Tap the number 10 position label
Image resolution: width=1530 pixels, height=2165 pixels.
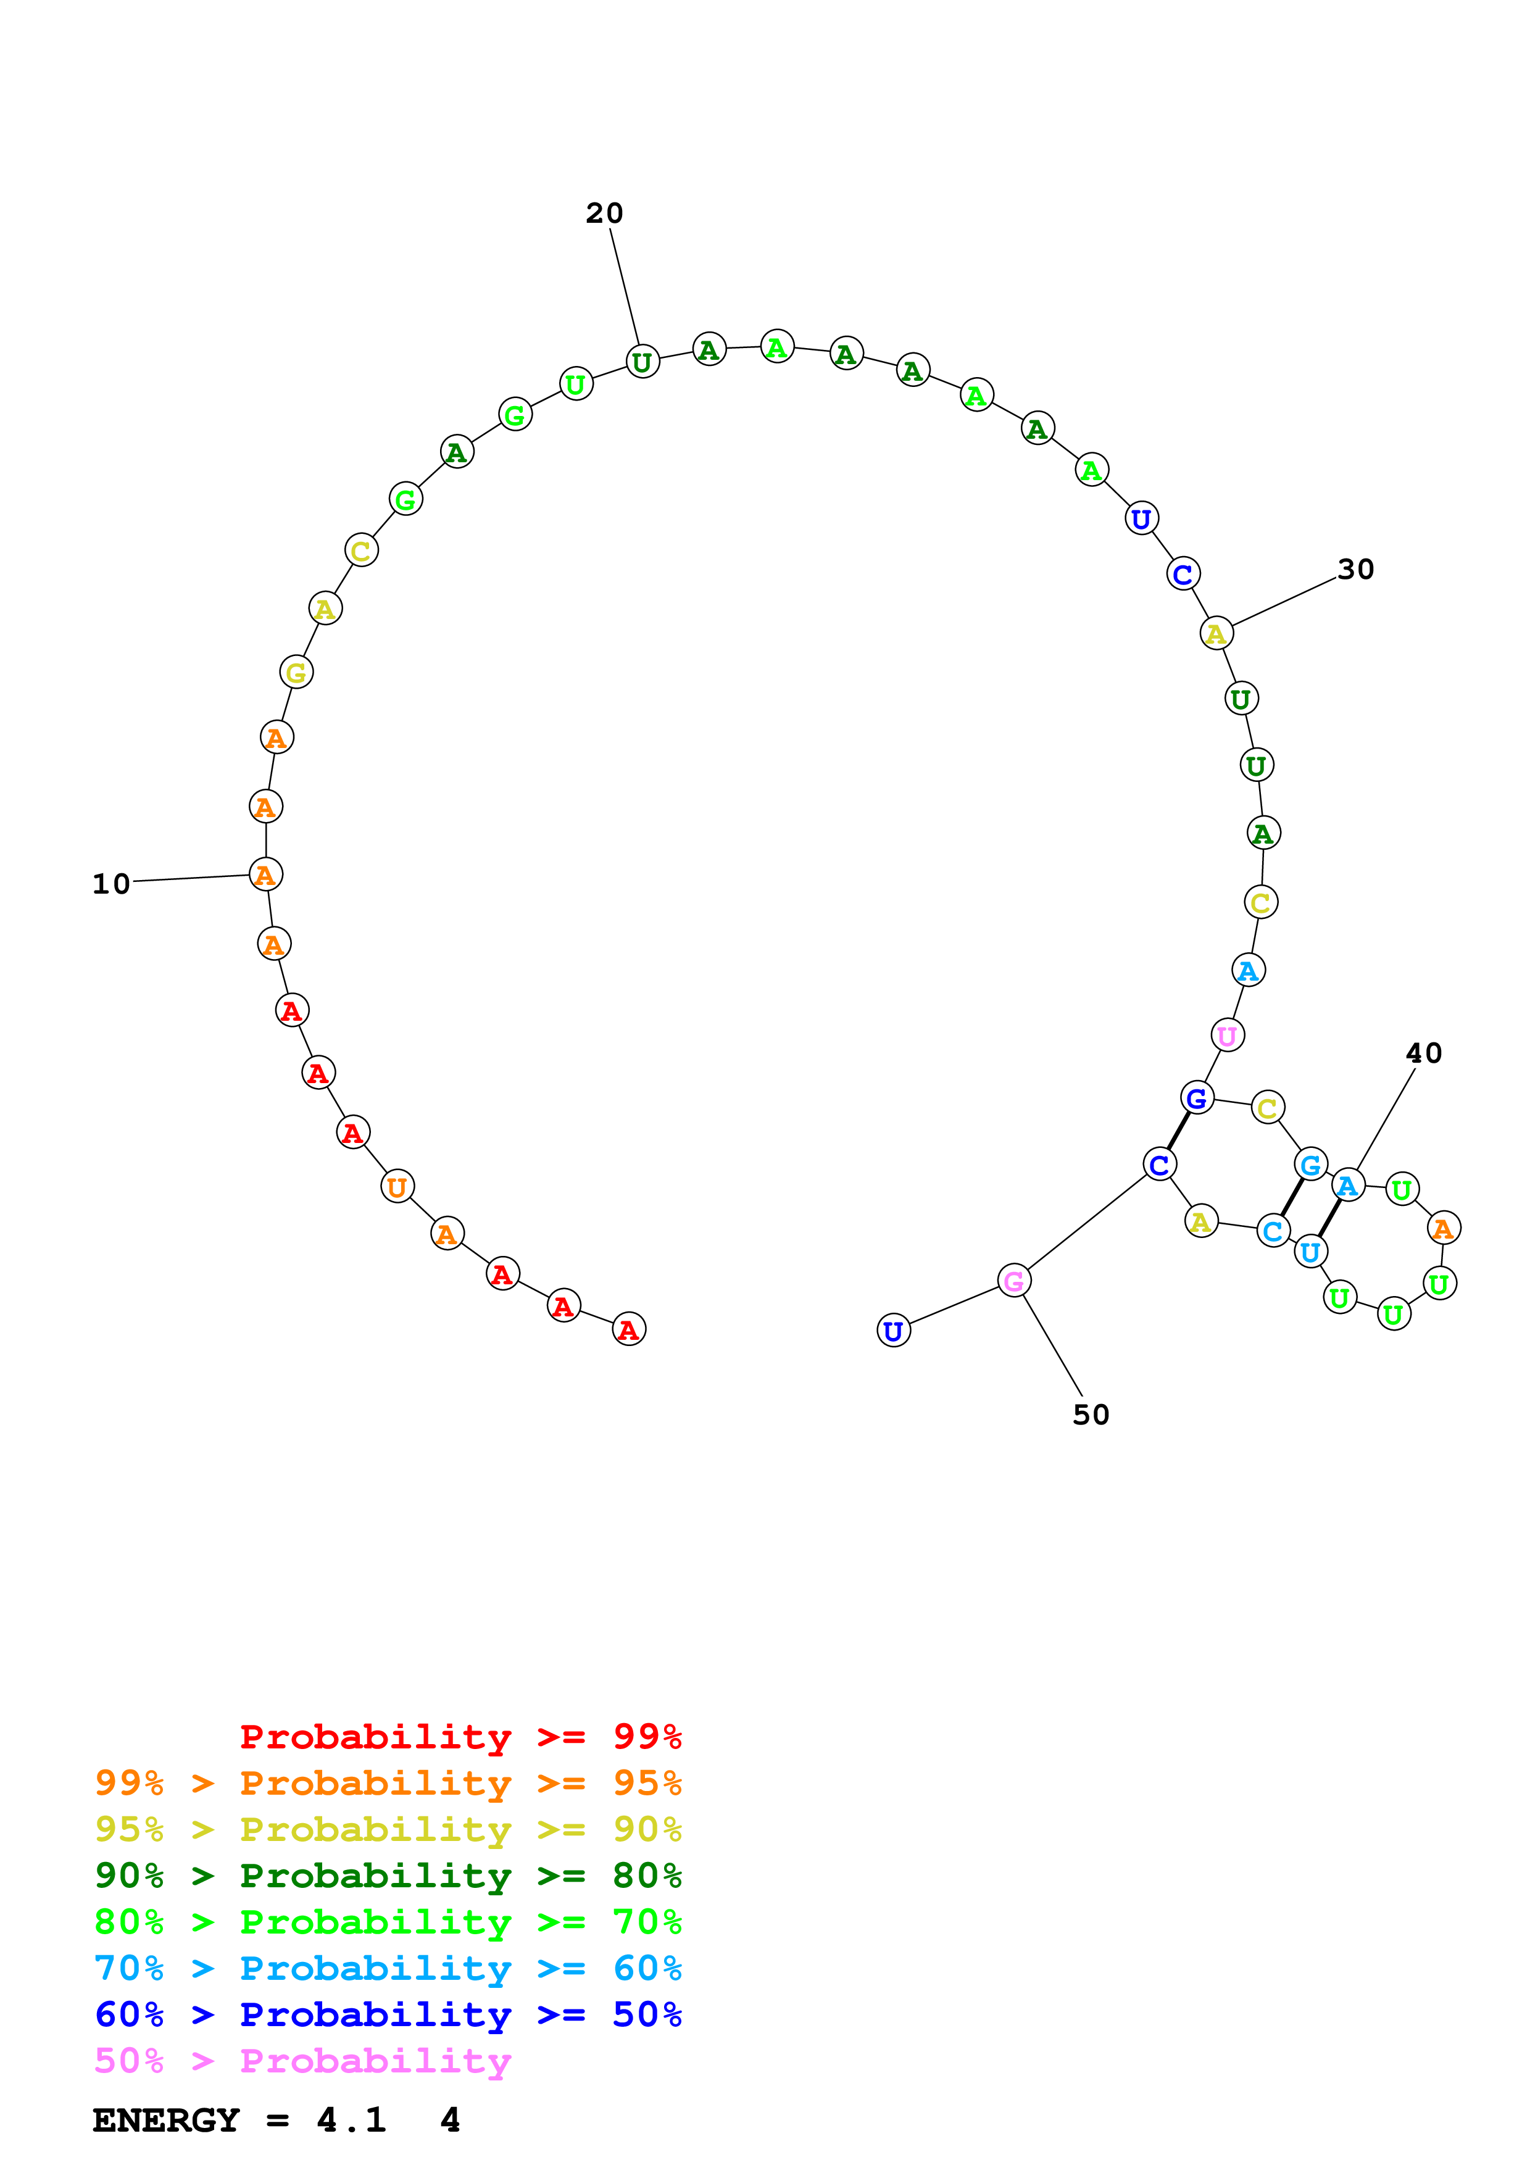(x=111, y=884)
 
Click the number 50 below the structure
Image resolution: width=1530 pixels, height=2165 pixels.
(x=1091, y=1415)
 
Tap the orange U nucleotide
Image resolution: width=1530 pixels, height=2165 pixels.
(x=397, y=1186)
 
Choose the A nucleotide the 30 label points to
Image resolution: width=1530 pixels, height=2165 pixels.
(x=1216, y=634)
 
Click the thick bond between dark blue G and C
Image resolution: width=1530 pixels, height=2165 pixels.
(x=1178, y=1131)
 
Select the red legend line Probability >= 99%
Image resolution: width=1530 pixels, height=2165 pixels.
(x=460, y=1737)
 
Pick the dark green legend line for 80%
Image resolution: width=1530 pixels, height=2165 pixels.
(x=388, y=1876)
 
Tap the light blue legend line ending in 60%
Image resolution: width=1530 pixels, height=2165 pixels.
(x=388, y=1968)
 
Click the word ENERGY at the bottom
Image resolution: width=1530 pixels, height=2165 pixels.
(x=166, y=2121)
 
